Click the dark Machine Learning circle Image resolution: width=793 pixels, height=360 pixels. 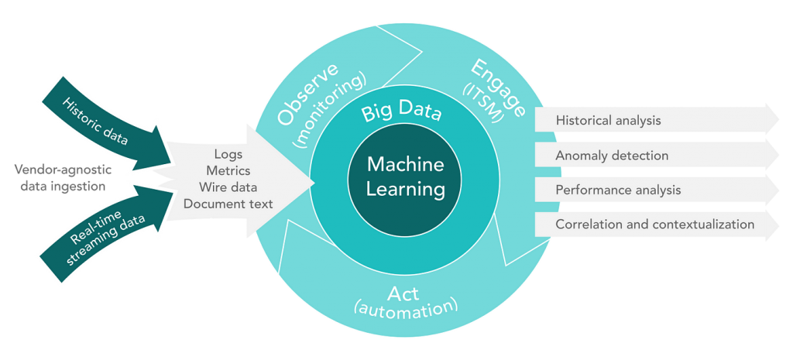pyautogui.click(x=404, y=177)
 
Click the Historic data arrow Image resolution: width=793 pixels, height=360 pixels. pyautogui.click(x=108, y=123)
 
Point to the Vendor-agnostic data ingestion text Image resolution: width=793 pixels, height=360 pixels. pyautogui.click(x=62, y=177)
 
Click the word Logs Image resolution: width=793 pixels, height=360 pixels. pyautogui.click(x=228, y=154)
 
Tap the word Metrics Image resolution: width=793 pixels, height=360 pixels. pyautogui.click(x=228, y=170)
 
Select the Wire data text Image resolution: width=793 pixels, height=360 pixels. pyautogui.click(x=228, y=187)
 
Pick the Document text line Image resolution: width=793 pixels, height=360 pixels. pyautogui.click(x=228, y=204)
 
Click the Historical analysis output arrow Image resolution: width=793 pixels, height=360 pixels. pyautogui.click(x=657, y=120)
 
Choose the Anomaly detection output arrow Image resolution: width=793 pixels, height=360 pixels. pyautogui.click(x=657, y=155)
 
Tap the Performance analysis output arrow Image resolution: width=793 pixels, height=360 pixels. pyautogui.click(x=657, y=190)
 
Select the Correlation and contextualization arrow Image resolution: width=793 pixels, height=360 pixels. pyautogui.click(x=657, y=224)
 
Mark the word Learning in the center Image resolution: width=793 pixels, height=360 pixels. pyautogui.click(x=406, y=190)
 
